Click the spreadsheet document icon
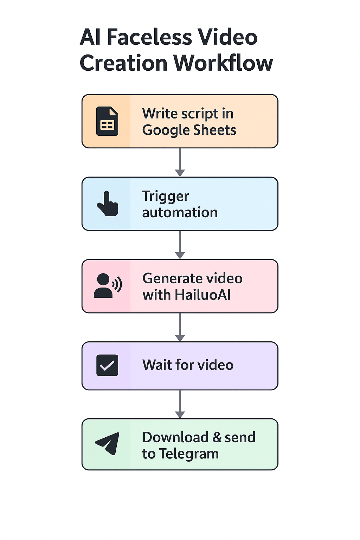point(107,121)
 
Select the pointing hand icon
point(108,204)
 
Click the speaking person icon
point(107,286)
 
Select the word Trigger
point(166,197)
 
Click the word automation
point(180,213)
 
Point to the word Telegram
point(189,454)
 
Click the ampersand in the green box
point(217,437)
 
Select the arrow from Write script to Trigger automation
point(180,162)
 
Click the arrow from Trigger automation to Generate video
point(180,245)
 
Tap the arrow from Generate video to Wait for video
point(180,327)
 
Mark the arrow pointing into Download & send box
point(180,404)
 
